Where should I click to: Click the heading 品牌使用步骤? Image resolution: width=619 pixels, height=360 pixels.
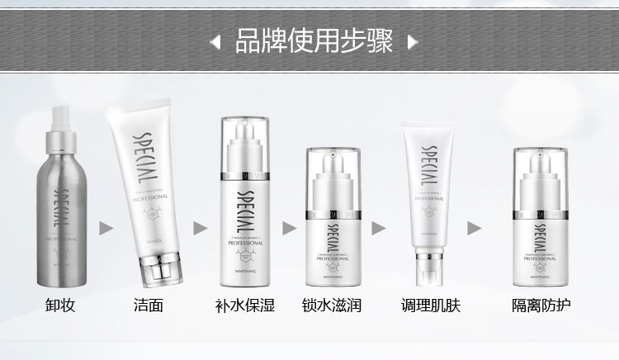(313, 39)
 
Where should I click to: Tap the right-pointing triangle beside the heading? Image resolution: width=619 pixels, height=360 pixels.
(412, 40)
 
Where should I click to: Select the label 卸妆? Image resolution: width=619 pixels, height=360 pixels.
(59, 306)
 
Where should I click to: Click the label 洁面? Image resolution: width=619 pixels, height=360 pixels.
(149, 306)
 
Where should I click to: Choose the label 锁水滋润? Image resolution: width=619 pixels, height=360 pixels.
(328, 306)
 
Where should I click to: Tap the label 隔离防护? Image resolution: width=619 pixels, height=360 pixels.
(541, 306)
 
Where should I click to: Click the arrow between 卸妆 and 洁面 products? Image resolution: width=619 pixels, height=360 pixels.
(105, 227)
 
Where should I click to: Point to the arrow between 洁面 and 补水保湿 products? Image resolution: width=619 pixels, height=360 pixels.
(199, 227)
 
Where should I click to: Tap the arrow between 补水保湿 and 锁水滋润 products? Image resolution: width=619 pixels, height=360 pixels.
(288, 227)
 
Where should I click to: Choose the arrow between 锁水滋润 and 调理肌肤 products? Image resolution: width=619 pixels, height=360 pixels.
(378, 227)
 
